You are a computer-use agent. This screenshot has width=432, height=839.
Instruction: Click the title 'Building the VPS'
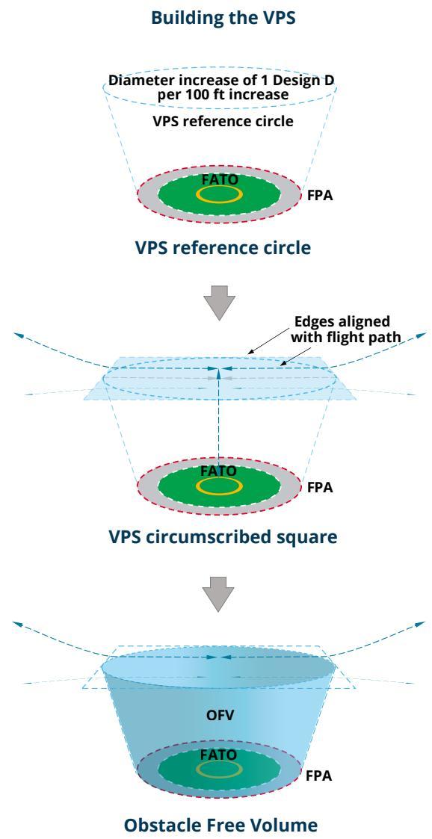point(223,18)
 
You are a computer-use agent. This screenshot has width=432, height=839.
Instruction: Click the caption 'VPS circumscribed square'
point(223,536)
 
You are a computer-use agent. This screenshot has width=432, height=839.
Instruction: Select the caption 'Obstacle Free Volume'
point(220,825)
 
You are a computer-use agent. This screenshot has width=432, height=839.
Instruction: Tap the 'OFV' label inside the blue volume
point(220,715)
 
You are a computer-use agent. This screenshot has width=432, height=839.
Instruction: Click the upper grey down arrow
point(220,303)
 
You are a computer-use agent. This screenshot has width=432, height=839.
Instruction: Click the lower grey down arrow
point(218,593)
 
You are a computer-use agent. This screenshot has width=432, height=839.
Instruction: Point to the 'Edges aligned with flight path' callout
point(348,329)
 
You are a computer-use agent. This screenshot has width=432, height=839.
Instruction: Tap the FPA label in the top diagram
point(320,196)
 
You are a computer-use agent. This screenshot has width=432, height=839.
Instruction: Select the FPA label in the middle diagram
point(320,488)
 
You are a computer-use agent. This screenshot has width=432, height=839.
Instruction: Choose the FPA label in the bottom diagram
point(318,775)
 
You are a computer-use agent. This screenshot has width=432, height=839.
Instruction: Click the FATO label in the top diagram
point(219,179)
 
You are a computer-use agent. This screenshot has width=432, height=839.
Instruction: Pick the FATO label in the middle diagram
point(218,471)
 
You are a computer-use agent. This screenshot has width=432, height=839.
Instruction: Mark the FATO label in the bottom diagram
point(218,755)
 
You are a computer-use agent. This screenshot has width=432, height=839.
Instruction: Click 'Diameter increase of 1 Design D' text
point(222,81)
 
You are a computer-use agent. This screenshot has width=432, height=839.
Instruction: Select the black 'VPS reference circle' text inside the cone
point(223,121)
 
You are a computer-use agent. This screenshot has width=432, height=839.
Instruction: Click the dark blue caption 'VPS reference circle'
point(223,248)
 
